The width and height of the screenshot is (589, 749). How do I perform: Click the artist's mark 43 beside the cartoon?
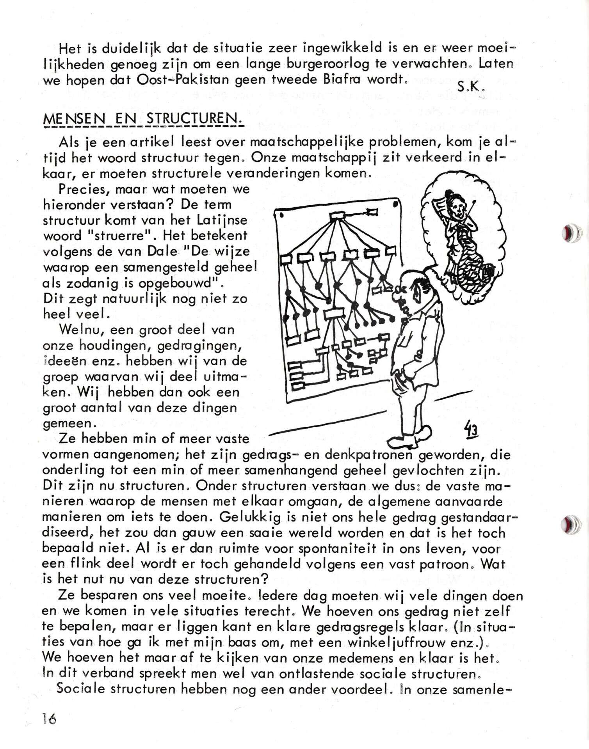pos(471,430)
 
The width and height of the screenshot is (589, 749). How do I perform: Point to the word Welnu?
pos(81,330)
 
